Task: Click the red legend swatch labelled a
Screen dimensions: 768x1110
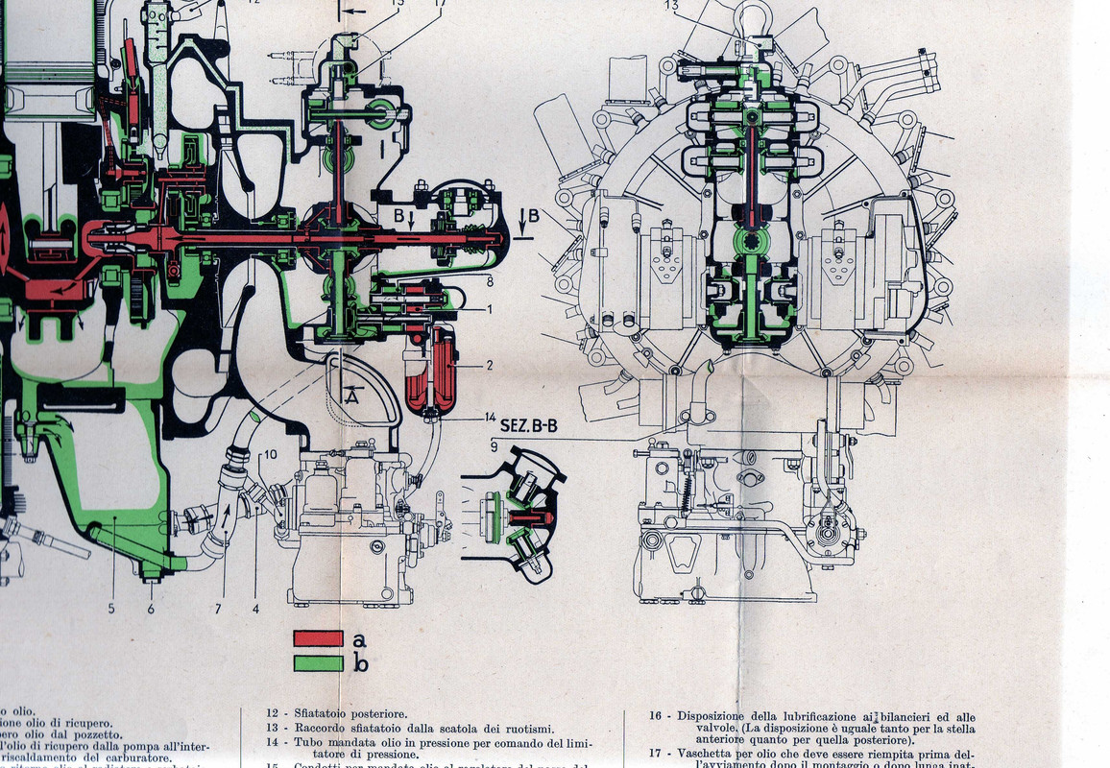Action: point(319,638)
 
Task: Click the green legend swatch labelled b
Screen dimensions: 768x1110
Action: point(319,662)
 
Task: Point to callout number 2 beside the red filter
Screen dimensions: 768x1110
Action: point(489,366)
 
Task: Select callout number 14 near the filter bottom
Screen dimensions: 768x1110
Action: point(490,419)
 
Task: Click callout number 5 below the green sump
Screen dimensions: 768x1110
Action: point(112,607)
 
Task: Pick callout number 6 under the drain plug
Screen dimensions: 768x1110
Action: point(151,607)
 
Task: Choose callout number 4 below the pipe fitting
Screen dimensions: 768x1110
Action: point(255,607)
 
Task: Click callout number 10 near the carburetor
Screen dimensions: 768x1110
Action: point(270,454)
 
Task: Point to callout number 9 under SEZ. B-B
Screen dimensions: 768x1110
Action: point(493,444)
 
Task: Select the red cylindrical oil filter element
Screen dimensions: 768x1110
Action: point(443,371)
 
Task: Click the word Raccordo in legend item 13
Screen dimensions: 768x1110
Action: point(317,728)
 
